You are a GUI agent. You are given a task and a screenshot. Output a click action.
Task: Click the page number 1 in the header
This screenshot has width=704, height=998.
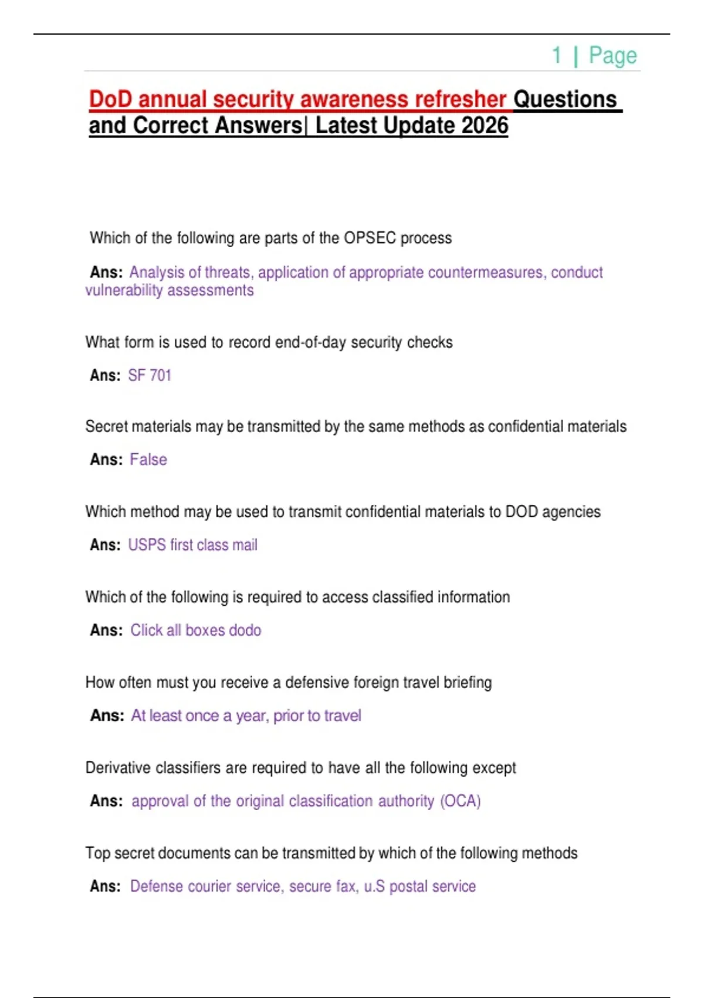coord(557,56)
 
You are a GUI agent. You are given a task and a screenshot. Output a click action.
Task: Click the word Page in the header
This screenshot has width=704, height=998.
coord(612,56)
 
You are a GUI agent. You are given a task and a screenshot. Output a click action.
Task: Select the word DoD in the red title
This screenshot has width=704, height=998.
coord(111,99)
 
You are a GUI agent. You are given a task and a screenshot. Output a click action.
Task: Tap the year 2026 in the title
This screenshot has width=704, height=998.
coord(485,126)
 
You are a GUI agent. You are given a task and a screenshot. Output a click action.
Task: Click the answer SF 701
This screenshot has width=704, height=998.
coord(150,375)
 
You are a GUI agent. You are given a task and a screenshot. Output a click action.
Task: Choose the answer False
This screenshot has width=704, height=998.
coord(148,459)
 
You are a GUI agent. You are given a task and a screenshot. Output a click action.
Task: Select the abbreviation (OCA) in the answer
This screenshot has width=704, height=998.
coord(461,801)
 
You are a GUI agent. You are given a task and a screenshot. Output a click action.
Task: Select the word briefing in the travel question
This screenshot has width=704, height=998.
coord(468,682)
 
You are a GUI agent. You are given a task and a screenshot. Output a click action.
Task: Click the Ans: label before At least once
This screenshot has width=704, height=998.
coord(107,715)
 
